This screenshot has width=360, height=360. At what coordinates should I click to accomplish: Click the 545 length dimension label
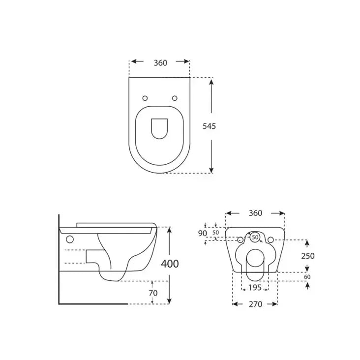click(209, 126)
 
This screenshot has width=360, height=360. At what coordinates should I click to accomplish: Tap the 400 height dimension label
click(170, 264)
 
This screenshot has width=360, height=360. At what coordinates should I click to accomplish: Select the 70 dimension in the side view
click(153, 293)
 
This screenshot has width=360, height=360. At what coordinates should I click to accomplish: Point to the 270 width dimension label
click(255, 304)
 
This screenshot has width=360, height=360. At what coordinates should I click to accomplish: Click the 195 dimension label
click(255, 287)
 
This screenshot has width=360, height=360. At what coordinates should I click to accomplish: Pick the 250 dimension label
click(308, 256)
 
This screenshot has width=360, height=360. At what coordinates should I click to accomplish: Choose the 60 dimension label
click(307, 277)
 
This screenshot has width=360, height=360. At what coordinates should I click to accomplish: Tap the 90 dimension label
click(202, 233)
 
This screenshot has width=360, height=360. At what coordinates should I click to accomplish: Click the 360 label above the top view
click(160, 62)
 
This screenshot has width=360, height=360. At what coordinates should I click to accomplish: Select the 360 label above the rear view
click(255, 213)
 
